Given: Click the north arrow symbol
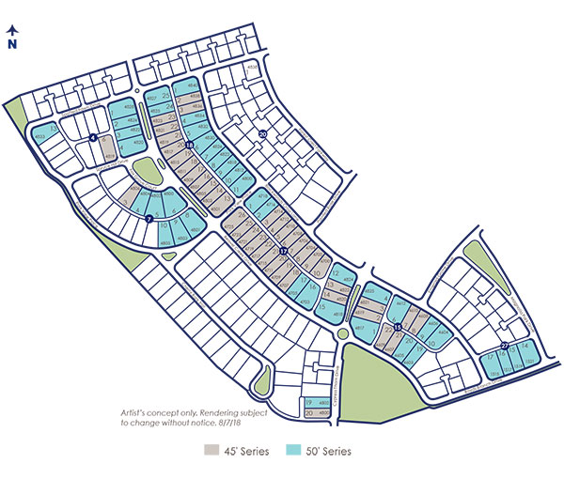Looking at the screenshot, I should point(12,29).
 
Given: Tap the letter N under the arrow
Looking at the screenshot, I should point(12,43).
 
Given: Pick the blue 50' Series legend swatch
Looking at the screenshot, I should point(293,452).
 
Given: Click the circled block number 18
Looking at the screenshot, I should point(189,145).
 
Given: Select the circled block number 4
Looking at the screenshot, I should point(93,138).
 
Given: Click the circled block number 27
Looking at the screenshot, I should point(505,347).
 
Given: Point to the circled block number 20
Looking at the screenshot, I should point(263,134).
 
